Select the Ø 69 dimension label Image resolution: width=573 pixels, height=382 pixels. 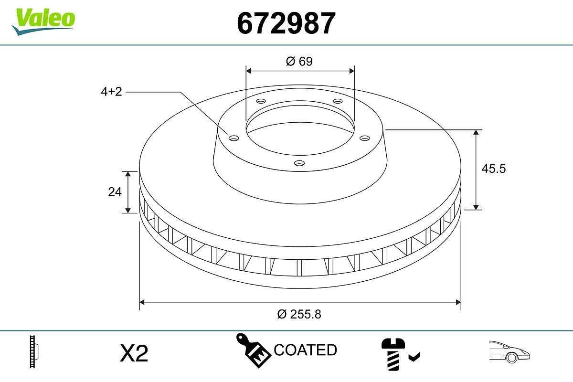(299, 61)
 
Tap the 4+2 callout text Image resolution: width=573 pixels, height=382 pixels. (111, 92)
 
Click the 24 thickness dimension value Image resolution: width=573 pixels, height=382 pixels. (115, 192)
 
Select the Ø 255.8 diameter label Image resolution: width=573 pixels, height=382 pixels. (299, 314)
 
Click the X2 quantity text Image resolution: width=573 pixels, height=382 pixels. (134, 353)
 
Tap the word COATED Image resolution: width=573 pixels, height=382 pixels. (305, 350)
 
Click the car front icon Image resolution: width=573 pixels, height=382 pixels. (509, 352)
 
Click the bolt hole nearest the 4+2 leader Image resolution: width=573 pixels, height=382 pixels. (233, 138)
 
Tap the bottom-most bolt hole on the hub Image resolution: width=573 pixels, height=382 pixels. (299, 163)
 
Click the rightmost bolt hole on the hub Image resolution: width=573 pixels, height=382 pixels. (365, 138)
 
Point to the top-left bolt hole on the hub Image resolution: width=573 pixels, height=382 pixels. (260, 101)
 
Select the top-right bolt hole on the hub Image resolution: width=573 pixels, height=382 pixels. (338, 101)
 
